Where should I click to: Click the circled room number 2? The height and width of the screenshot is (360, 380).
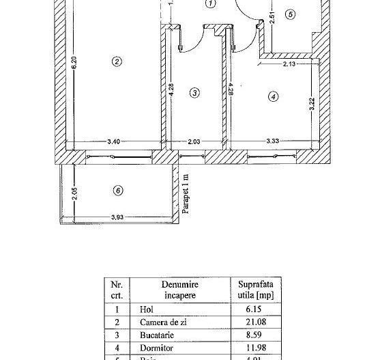(x=117, y=61)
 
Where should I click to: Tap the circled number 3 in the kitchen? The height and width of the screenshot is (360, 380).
(x=194, y=93)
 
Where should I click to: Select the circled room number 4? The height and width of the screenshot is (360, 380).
(x=273, y=97)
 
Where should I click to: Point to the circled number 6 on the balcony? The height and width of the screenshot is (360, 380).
(x=117, y=190)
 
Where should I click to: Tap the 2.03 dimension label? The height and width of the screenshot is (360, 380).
(x=194, y=142)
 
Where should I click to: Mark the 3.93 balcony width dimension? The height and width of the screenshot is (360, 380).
(x=118, y=219)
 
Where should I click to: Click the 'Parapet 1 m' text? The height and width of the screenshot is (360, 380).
(x=186, y=194)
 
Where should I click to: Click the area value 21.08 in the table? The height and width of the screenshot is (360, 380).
(x=257, y=322)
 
